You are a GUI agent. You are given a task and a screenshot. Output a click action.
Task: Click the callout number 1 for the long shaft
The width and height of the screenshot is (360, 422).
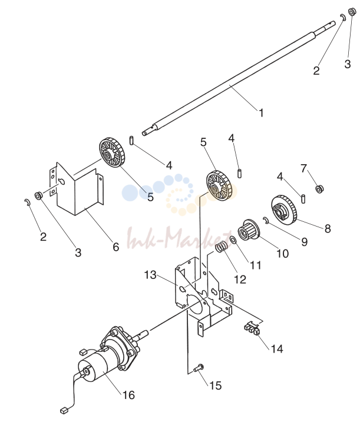(x=261, y=112)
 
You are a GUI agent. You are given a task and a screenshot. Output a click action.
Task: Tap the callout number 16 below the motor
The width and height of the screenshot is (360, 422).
(x=128, y=395)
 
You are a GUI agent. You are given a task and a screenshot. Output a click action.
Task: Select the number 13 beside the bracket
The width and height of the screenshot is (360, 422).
(x=150, y=275)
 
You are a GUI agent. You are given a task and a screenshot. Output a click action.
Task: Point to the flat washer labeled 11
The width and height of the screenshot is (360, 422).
(x=233, y=240)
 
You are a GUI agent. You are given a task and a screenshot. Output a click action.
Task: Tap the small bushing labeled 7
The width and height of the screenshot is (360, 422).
(x=319, y=189)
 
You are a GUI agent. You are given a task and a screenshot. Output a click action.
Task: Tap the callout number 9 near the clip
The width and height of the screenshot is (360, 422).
(x=304, y=242)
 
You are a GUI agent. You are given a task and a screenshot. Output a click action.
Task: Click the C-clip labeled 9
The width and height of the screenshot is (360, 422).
(x=266, y=220)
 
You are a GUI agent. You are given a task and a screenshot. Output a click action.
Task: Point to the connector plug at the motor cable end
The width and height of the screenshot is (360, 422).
(x=64, y=411)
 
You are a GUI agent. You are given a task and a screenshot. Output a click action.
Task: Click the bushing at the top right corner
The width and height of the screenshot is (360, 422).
(x=352, y=12)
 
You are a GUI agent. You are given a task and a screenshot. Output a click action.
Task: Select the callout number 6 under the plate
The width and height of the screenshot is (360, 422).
(x=116, y=247)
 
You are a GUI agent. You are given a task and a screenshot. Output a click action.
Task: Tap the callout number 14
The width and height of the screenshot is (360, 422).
(x=277, y=349)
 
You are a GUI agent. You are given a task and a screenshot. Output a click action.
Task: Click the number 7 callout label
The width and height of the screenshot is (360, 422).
(x=303, y=168)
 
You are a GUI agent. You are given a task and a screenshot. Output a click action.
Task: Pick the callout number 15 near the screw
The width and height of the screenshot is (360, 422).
(x=215, y=386)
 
